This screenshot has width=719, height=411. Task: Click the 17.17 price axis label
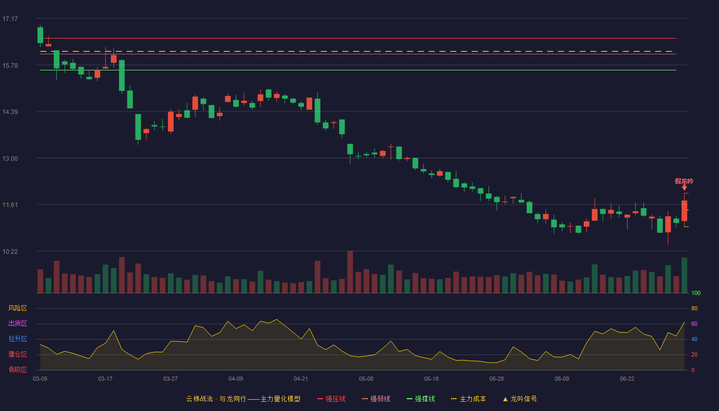10,19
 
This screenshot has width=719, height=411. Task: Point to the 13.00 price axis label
10,159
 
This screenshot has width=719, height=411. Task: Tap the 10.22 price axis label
10,251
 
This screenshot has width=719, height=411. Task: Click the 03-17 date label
105,379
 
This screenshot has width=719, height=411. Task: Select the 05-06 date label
366,379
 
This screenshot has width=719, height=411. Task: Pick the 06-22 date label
627,379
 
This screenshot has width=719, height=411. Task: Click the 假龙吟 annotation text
684,181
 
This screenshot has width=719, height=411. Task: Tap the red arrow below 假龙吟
684,188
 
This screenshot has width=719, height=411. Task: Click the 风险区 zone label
17,308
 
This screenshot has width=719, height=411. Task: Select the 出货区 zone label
17,323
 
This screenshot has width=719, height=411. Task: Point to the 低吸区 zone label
17,369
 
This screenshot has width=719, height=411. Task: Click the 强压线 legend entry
331,399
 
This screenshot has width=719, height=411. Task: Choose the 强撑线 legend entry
421,399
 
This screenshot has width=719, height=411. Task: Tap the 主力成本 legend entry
468,399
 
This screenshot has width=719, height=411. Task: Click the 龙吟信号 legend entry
520,399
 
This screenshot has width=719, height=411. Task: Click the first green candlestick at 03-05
40,35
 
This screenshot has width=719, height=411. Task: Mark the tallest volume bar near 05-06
350,272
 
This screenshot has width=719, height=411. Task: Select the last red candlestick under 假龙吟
684,211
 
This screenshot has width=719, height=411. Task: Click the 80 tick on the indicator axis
694,309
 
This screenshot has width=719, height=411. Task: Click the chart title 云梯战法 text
200,399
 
